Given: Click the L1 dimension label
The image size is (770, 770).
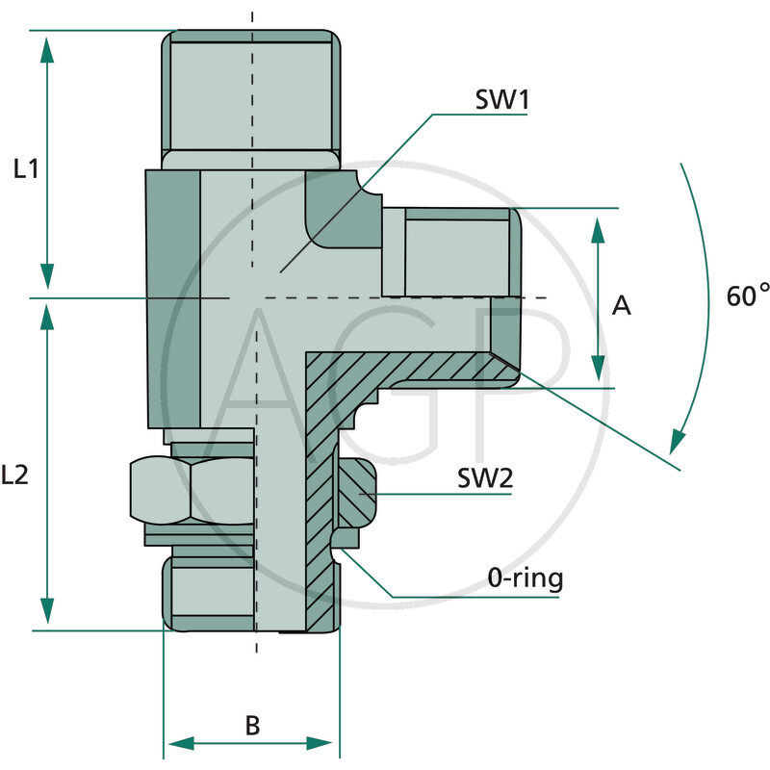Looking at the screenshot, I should pyautogui.click(x=26, y=169).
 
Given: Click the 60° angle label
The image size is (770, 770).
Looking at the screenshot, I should pyautogui.click(x=748, y=295).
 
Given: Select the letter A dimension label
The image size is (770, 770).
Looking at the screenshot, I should pyautogui.click(x=622, y=305).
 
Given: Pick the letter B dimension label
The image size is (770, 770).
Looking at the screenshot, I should pyautogui.click(x=252, y=725).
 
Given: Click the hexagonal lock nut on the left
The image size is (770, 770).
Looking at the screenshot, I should pyautogui.click(x=191, y=489).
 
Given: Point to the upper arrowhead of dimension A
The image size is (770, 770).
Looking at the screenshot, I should pyautogui.click(x=598, y=229).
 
